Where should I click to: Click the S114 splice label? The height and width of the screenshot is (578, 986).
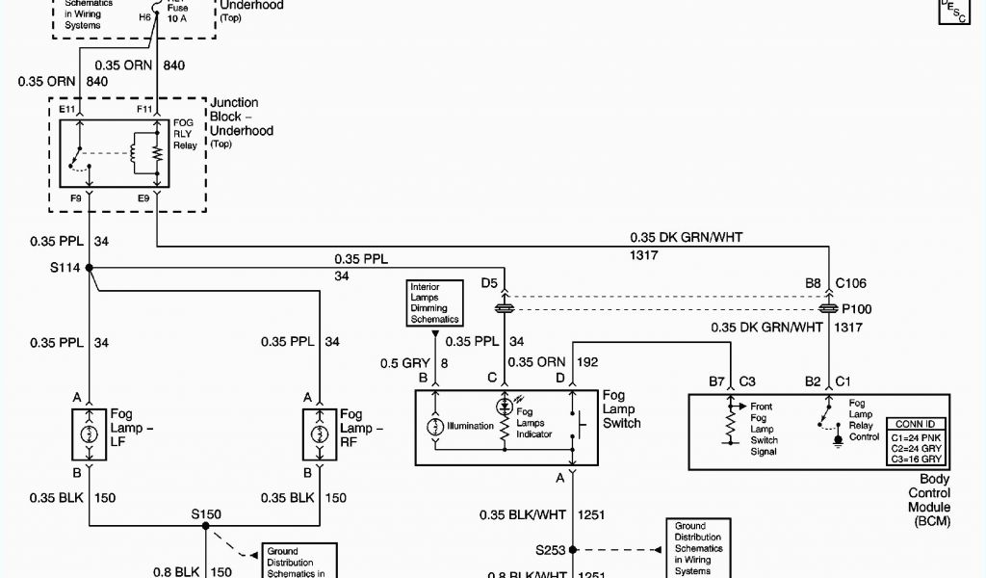point(66,268)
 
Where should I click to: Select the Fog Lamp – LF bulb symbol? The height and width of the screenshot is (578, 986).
point(89,433)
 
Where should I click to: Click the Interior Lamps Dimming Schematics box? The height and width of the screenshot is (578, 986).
point(435,302)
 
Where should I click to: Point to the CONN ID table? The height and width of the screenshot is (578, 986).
point(914,442)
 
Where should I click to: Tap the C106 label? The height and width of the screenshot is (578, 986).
point(852,283)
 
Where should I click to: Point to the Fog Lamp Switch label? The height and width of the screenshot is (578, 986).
point(621,409)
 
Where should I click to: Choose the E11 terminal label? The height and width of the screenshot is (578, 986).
point(66,110)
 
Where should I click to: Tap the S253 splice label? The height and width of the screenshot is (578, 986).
point(552,550)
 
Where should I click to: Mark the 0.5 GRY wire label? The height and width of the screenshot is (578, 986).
point(402,362)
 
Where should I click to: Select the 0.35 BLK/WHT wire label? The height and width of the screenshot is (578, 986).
point(523,514)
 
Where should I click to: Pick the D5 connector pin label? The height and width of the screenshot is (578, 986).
point(489,283)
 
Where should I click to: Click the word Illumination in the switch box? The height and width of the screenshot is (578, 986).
point(470,425)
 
